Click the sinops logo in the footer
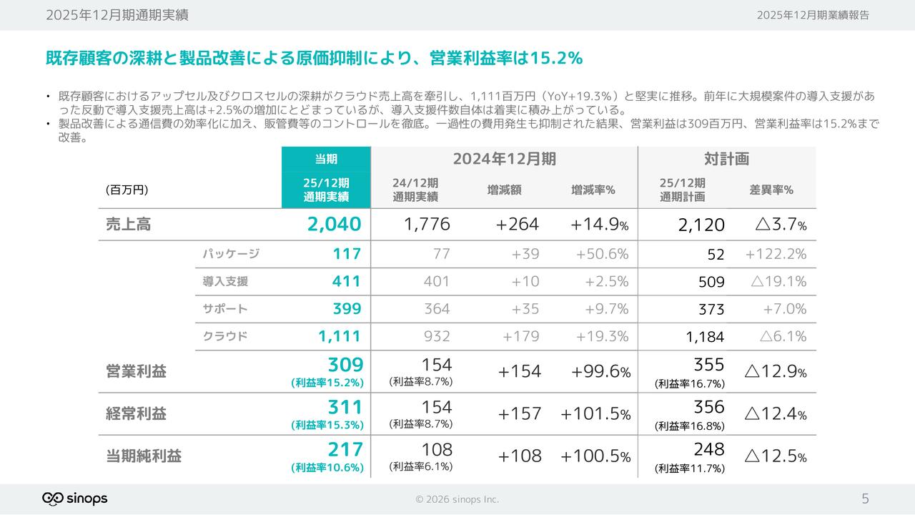pyautogui.click(x=75, y=499)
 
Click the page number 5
pyautogui.click(x=865, y=499)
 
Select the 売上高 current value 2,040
pyautogui.click(x=334, y=225)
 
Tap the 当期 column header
pyautogui.click(x=326, y=159)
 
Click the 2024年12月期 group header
pyautogui.click(x=504, y=159)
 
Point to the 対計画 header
pyautogui.click(x=726, y=159)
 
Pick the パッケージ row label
pyautogui.click(x=230, y=254)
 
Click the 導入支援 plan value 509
pyautogui.click(x=711, y=282)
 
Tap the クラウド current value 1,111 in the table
pyautogui.click(x=340, y=336)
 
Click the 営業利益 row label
pyautogui.click(x=136, y=371)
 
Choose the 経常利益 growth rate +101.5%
pyautogui.click(x=595, y=414)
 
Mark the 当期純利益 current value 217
pyautogui.click(x=345, y=449)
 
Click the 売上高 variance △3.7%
pyautogui.click(x=781, y=225)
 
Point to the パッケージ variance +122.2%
pyautogui.click(x=776, y=254)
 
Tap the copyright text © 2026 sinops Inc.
pyautogui.click(x=457, y=499)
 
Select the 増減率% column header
pyautogui.click(x=593, y=190)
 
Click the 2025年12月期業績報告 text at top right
pyautogui.click(x=813, y=15)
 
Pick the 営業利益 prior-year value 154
pyautogui.click(x=437, y=365)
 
